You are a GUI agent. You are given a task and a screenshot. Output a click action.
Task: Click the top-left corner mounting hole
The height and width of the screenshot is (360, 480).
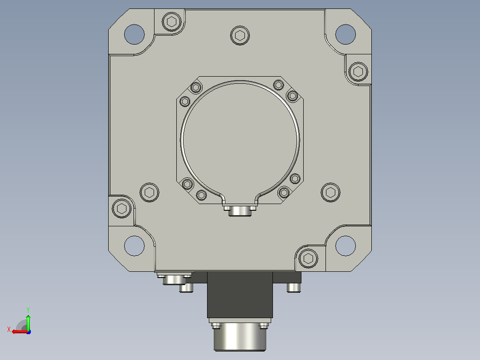pos(134,34)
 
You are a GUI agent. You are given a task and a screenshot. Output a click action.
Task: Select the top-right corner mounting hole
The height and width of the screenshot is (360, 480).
pos(346,34)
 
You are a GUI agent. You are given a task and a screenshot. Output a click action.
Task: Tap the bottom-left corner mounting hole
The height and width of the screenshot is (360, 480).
pos(134,246)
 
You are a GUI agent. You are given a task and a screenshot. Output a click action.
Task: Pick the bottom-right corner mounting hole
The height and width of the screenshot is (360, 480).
pos(346,246)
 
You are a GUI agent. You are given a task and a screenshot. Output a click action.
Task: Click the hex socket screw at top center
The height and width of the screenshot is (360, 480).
pos(240,36)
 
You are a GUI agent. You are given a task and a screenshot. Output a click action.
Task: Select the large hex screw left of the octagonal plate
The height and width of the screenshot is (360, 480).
pos(150,192)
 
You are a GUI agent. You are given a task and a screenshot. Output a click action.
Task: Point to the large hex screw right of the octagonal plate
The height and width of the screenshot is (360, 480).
pos(330,192)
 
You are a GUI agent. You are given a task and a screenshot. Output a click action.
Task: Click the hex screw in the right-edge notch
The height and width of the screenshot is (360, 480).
pos(358,72)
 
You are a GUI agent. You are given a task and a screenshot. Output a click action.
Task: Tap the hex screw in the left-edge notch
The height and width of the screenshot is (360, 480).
pos(122,209)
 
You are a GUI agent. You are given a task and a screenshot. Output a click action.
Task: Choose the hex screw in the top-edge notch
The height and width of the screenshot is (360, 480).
pos(172,22)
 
